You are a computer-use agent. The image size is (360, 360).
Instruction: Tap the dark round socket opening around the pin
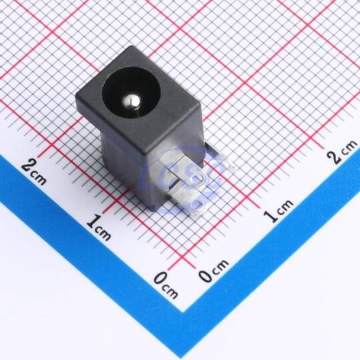(x=131, y=93)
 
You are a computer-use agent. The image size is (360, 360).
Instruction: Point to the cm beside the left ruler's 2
(x=39, y=179)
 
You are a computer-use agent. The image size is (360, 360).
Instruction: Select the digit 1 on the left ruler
(x=94, y=221)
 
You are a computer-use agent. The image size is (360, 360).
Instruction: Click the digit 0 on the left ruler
(x=161, y=279)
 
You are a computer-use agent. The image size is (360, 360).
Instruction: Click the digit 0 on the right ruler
(x=205, y=275)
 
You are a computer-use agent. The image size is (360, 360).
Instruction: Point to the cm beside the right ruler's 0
(x=220, y=267)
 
